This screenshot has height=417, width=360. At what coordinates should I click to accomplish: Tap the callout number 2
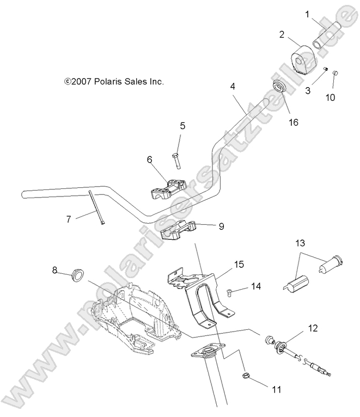tap(282, 34)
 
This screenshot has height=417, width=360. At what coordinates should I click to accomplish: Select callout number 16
tap(294, 122)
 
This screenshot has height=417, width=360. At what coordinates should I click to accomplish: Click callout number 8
tap(54, 269)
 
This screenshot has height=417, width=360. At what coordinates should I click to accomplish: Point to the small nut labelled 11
tap(246, 375)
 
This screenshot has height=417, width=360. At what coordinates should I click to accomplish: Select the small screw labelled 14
tap(230, 293)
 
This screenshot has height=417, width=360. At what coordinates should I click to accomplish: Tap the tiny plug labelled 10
tap(336, 73)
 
